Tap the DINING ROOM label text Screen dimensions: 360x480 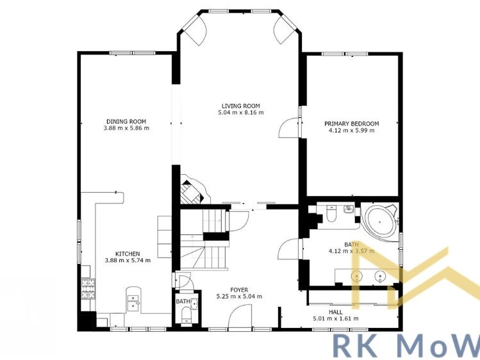[126, 121]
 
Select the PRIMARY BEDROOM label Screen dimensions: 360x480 [351, 124]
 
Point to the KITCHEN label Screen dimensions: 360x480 [127, 254]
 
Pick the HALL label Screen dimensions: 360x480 [335, 312]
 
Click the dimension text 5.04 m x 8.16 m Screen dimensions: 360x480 [241, 113]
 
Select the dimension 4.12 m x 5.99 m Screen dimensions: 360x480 [351, 131]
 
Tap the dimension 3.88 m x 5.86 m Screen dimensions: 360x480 [126, 128]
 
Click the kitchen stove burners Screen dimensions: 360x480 [87, 290]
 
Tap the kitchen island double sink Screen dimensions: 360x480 [133, 301]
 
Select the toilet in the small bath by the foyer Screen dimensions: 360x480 [186, 313]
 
